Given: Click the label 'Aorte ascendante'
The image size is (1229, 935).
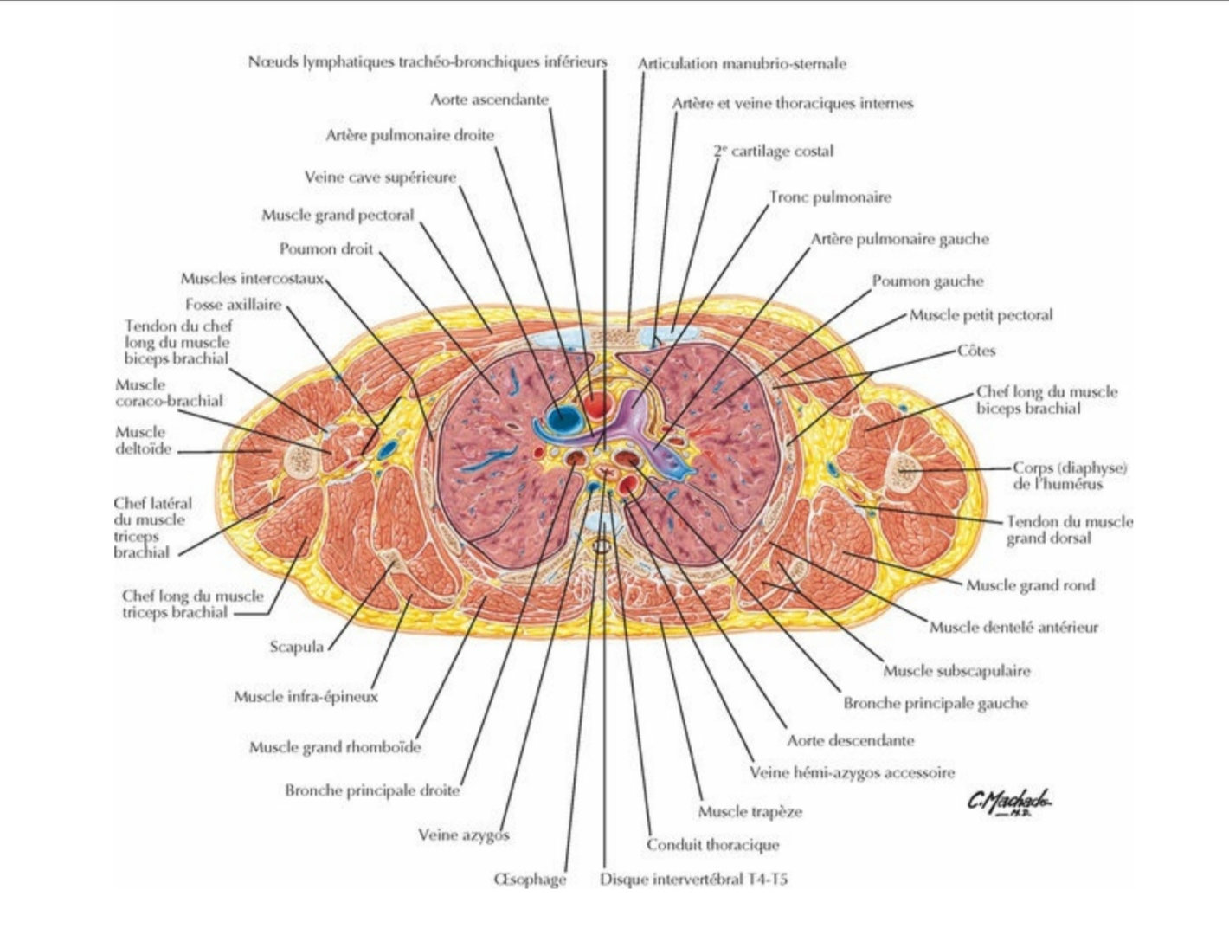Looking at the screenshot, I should pos(489,100).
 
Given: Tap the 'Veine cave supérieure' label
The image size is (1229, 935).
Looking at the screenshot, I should pos(380,177).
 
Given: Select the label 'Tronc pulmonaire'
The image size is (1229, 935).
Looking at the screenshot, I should pos(830,197).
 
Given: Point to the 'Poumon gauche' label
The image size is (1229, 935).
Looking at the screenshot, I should pos(927,281).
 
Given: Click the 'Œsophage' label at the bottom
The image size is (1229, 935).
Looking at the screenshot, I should pos(530,880).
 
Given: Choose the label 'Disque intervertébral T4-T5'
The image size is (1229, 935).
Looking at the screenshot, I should pos(694,880).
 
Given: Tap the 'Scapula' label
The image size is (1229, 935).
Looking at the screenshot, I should pos(296,647).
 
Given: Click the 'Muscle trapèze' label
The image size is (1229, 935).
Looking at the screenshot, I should pos(750,812).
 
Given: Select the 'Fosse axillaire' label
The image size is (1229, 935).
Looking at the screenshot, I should pos(233,305).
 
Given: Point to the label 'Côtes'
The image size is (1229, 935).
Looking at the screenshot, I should pos(976,351).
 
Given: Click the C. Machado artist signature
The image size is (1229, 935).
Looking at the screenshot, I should pos(1009,804).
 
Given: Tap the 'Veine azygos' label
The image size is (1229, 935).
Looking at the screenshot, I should pos(463,835).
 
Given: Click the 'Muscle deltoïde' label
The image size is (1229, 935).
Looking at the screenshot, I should pos(143,440).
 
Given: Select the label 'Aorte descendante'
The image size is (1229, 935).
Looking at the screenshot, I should pos(850,741).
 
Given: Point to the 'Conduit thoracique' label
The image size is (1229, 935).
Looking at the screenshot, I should pos(712,845).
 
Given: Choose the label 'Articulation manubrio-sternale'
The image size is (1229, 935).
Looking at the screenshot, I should pos(742,64).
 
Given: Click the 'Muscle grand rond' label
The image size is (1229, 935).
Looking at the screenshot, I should pos(1030,586).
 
